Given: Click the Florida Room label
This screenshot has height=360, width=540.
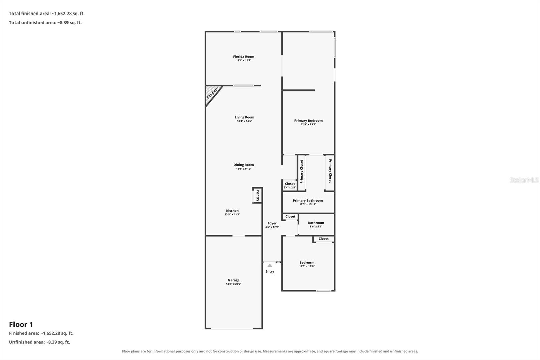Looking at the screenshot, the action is click(243, 57).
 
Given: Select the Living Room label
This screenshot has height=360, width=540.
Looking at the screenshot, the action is click(244, 117).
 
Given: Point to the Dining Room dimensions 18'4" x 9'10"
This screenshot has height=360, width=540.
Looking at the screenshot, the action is click(243, 169).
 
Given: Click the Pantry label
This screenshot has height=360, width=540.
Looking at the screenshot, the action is click(258, 196).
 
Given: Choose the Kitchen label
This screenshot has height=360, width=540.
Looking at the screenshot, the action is click(232, 211).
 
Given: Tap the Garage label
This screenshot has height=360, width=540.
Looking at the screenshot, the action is click(234, 280).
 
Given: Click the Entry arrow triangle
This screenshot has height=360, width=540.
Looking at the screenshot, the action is click(270, 266).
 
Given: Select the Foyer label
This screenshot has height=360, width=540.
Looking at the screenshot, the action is click(272, 223).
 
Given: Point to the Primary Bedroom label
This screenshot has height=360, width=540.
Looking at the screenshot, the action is click(308, 121).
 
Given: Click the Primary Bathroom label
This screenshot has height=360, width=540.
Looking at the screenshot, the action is click(307, 201).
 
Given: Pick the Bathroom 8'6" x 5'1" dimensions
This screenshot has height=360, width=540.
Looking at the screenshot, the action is click(316, 227).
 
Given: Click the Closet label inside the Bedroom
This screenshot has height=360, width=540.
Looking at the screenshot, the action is click(324, 239).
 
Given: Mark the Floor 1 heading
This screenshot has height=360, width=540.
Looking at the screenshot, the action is click(21, 324).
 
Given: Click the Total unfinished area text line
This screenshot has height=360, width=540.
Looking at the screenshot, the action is click(45, 22).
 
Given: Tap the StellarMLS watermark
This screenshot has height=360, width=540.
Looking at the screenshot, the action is click(524, 180).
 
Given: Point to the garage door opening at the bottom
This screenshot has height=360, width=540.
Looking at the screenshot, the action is click(232, 328).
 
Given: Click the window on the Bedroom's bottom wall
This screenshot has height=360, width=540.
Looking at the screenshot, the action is click(324, 291).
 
